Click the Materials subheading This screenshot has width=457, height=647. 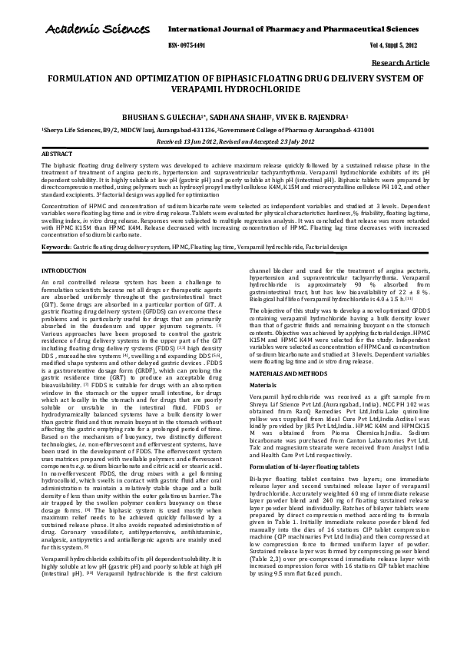pyautogui.click(x=263, y=385)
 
